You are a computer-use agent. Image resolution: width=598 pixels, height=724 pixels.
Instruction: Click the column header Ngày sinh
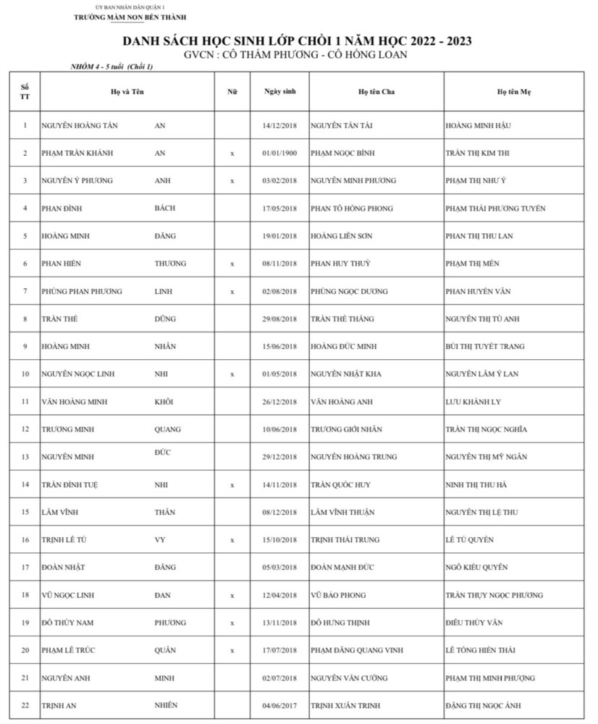click(x=279, y=92)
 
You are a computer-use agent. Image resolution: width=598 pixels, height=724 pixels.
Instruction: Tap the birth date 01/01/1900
click(x=279, y=153)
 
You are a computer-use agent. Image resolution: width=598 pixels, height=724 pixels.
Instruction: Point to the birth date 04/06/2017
click(x=279, y=705)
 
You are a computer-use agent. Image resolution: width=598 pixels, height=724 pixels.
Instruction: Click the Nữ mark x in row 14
click(x=232, y=484)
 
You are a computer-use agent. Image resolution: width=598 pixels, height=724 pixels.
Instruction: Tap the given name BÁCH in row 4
click(x=165, y=209)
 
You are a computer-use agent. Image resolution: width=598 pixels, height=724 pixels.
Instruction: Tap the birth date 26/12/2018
click(x=279, y=402)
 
